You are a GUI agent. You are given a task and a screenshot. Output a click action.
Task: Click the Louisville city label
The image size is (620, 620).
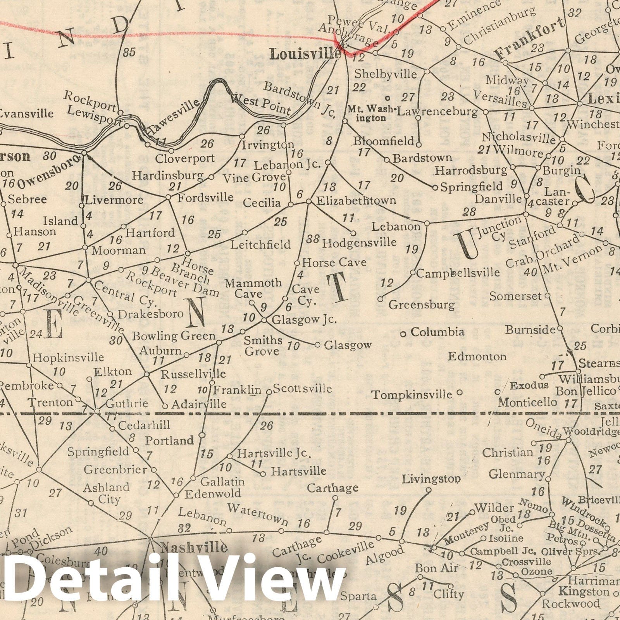point(305,54)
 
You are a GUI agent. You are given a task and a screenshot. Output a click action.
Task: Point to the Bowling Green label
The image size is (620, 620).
point(174,336)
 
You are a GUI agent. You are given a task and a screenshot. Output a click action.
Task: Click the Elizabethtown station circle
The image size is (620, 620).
point(309,201)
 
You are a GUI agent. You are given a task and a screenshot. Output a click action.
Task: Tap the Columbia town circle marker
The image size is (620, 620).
point(403,334)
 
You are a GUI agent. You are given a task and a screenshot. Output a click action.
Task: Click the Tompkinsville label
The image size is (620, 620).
point(412,395)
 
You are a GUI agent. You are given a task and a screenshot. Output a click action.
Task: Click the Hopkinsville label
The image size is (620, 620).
point(68,357)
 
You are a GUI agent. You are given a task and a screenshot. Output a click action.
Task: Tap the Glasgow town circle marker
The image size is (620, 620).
point(317,344)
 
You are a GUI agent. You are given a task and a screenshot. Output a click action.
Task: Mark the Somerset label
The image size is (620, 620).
point(515,296)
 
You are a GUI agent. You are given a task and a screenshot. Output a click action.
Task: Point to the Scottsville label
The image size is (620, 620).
point(302,388)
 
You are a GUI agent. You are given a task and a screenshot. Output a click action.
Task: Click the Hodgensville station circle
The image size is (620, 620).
point(353,233)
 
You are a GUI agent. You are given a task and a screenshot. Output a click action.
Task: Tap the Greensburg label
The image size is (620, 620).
point(422,305)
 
